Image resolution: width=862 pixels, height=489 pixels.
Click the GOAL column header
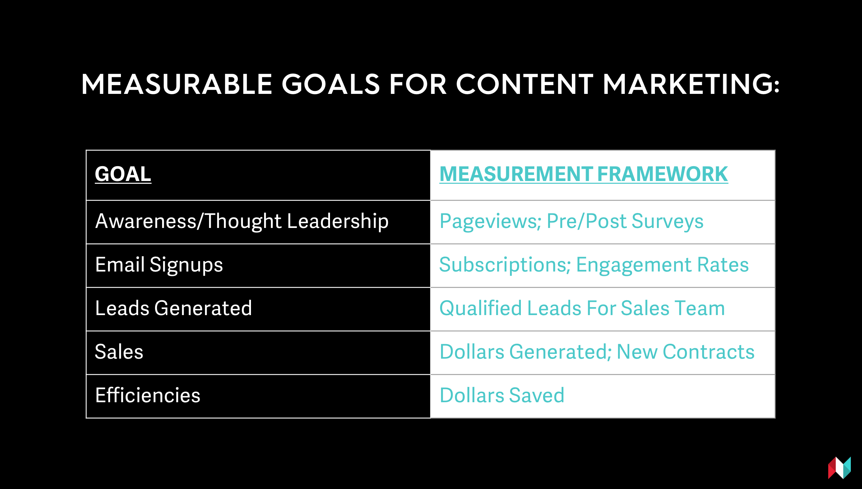coord(123,174)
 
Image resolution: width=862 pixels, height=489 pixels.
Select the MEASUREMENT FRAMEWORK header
coord(584,174)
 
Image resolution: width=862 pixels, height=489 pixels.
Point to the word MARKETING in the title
coord(691,84)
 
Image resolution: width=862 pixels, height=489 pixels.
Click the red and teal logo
coord(839,468)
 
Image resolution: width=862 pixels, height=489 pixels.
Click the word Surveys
coord(667,222)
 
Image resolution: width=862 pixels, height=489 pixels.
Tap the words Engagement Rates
coord(662,265)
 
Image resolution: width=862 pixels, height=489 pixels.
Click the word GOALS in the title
coord(331,84)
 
